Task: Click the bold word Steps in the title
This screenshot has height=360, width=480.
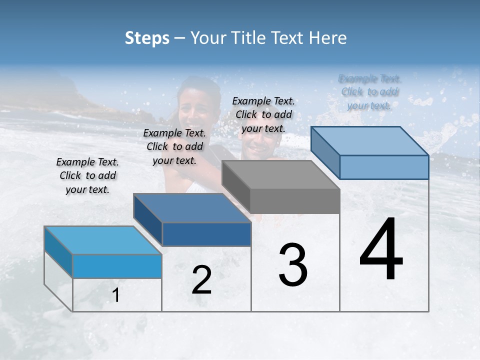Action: [147, 38]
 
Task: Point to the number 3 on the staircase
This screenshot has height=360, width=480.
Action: [292, 264]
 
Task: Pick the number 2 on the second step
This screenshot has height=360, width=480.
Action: [201, 280]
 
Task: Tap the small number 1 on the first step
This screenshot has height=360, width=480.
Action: [116, 295]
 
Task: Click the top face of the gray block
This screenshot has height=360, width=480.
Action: [280, 175]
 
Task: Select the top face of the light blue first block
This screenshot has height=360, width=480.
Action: [103, 240]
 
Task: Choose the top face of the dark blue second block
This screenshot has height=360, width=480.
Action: [192, 208]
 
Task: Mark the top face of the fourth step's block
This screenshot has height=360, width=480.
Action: [370, 141]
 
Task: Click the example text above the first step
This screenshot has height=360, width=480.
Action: [87, 175]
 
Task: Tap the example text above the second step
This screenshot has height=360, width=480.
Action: [174, 146]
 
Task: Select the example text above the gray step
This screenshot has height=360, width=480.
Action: [263, 114]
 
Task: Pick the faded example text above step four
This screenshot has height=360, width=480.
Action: [369, 92]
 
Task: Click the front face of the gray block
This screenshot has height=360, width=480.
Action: [295, 201]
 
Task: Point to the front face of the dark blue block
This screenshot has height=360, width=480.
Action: [206, 234]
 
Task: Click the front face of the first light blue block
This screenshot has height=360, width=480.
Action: [117, 266]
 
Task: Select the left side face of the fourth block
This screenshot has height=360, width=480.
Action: [325, 152]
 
